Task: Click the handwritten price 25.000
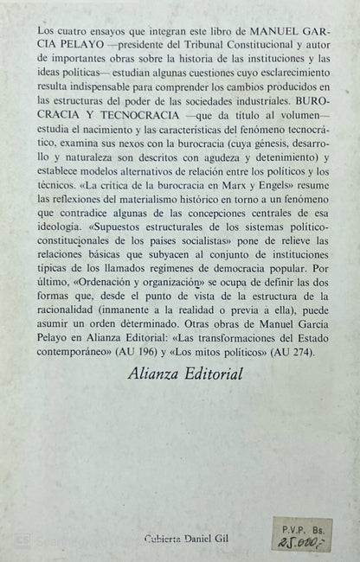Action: pyautogui.click(x=312, y=540)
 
